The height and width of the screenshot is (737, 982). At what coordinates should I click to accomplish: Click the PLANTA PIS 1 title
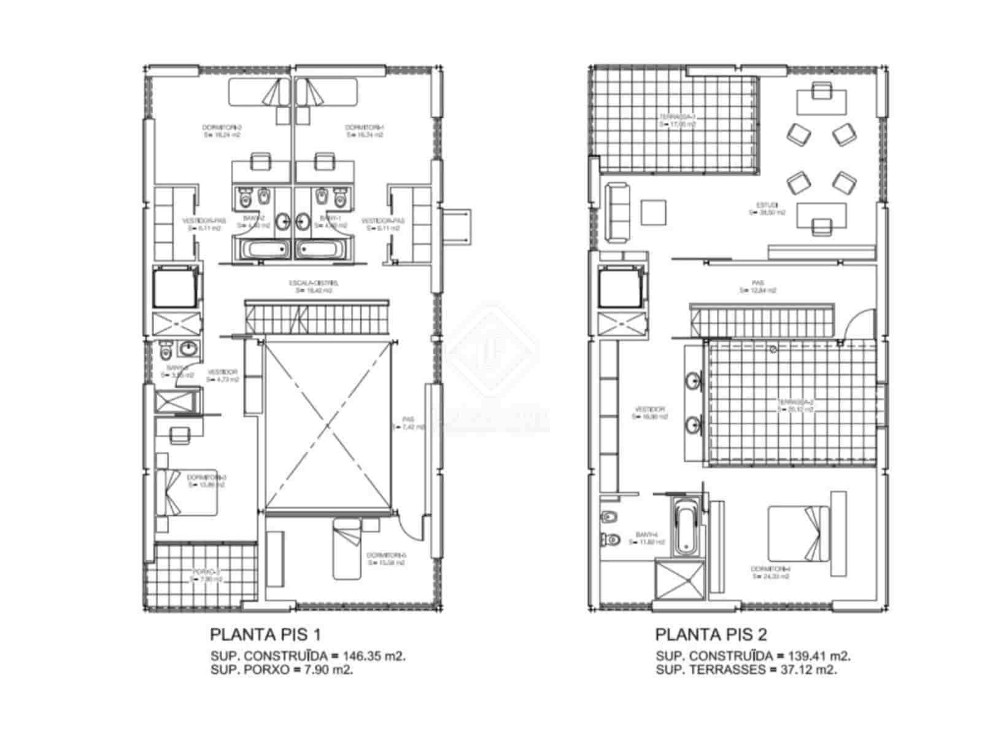click(x=265, y=633)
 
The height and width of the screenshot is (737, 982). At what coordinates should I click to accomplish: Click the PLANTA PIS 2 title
click(x=711, y=633)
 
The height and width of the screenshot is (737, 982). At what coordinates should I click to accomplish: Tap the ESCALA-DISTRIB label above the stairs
click(x=313, y=286)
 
